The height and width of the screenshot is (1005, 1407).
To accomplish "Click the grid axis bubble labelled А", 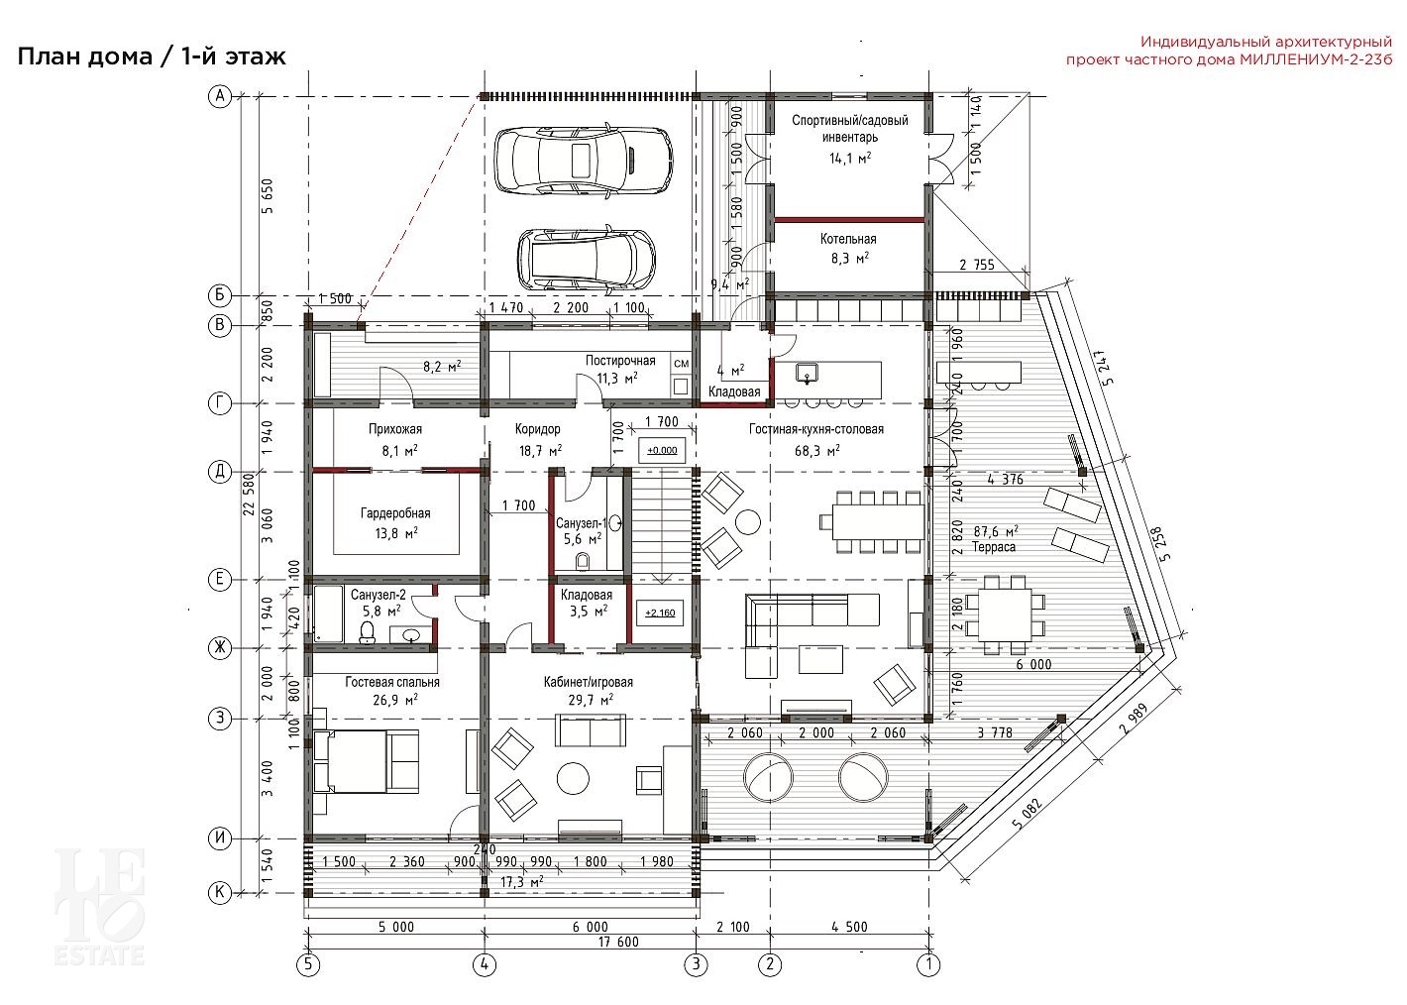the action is (x=220, y=96).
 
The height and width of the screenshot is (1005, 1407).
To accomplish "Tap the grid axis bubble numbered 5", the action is (x=308, y=964).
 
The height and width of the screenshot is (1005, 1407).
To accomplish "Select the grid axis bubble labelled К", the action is (x=220, y=892).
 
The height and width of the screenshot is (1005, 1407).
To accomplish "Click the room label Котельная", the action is (x=848, y=239).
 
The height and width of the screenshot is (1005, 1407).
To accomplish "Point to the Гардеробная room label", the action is (x=395, y=513).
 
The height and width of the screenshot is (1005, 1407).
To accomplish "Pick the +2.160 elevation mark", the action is (x=660, y=613).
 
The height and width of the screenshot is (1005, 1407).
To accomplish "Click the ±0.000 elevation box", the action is (x=662, y=450).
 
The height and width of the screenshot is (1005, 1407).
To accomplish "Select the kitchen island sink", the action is (x=808, y=373).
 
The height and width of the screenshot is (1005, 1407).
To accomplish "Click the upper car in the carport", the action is (x=581, y=161).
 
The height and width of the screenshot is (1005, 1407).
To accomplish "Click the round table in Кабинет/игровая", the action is (x=573, y=779).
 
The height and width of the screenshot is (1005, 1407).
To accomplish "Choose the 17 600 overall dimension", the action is (x=618, y=941).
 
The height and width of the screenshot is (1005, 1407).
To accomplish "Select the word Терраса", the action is (x=994, y=547).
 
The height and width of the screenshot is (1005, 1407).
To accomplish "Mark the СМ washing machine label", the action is (x=681, y=363).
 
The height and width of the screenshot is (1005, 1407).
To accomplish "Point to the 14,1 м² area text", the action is (x=850, y=159).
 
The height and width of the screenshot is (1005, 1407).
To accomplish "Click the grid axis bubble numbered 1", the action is (x=929, y=964).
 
